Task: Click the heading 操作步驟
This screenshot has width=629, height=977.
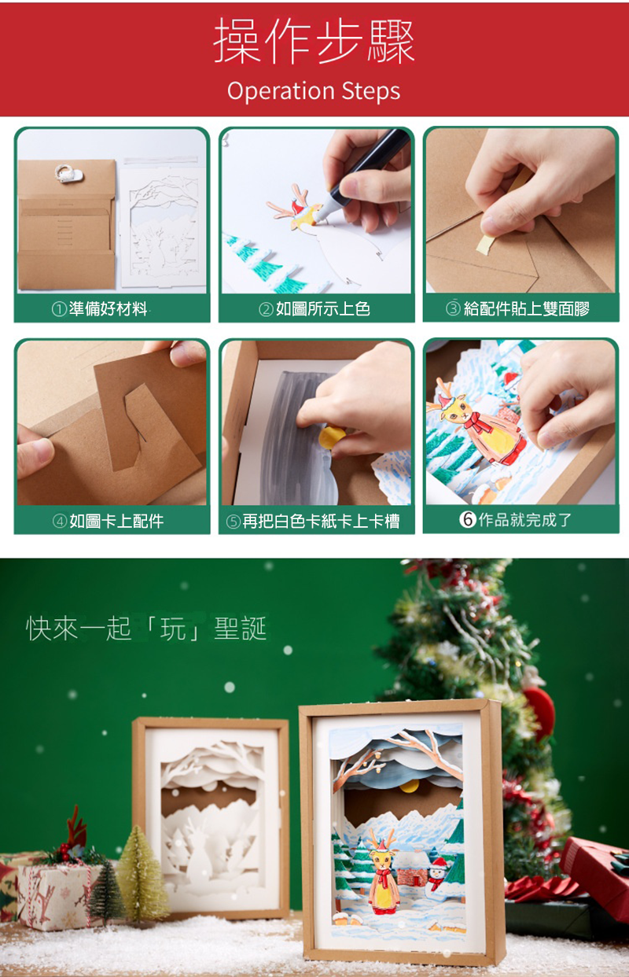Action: point(314,42)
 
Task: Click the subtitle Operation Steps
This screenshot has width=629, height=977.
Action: point(314,91)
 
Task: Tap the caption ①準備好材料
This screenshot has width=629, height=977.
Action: point(99,309)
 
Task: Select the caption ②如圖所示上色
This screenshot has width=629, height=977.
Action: point(314,309)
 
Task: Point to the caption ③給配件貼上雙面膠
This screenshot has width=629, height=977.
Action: point(518,309)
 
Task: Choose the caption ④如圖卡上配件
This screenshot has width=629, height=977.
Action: point(108,521)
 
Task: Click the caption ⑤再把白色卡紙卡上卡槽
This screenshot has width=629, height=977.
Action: point(313,521)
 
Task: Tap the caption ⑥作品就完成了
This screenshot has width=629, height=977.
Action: point(515,519)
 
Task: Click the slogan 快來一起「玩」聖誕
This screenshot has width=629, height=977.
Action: point(146,629)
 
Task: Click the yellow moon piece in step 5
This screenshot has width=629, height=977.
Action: point(332,437)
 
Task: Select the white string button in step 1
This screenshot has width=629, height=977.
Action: point(69,174)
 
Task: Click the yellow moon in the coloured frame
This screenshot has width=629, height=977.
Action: point(409,786)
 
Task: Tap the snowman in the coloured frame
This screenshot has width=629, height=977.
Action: point(437,872)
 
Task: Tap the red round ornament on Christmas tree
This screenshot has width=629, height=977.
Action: point(540,712)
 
